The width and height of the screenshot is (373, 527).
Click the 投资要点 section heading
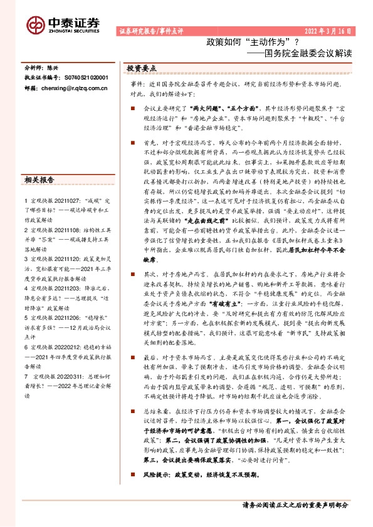(x=142, y=68)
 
